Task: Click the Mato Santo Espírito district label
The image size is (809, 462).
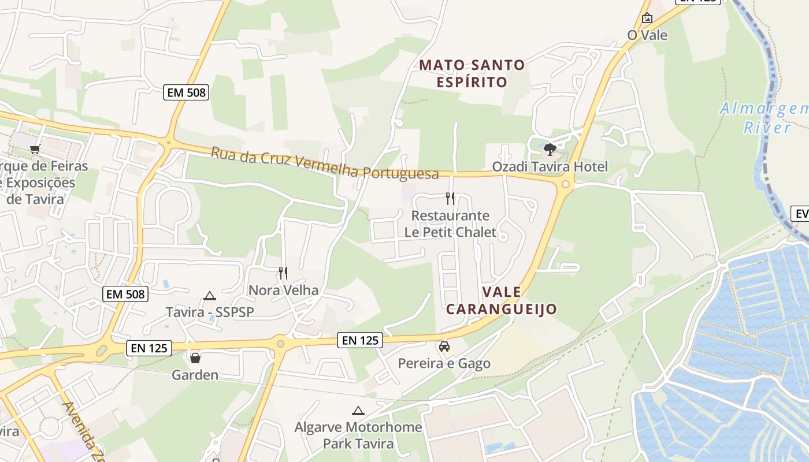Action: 472,73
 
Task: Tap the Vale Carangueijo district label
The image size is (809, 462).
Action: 501,300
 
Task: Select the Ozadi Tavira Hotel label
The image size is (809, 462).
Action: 550,167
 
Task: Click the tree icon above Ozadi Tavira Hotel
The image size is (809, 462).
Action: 550,150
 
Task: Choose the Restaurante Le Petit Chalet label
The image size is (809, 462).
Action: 450,224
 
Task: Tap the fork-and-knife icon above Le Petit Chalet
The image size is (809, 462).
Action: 450,199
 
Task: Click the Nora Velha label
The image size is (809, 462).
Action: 283,290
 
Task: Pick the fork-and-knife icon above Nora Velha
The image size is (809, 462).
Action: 283,273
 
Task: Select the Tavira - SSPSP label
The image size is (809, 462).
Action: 210,312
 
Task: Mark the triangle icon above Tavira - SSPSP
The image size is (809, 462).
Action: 210,296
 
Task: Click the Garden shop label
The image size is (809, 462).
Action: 195,375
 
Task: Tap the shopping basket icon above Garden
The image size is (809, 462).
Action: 195,358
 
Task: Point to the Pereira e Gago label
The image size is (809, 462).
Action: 444,363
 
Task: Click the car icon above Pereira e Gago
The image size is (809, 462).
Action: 444,346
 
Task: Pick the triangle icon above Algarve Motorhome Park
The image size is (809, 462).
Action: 358,411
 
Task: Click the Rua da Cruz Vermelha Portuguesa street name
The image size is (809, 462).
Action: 324,163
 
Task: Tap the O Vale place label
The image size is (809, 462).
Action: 647,35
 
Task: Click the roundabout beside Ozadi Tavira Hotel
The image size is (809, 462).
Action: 566,184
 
